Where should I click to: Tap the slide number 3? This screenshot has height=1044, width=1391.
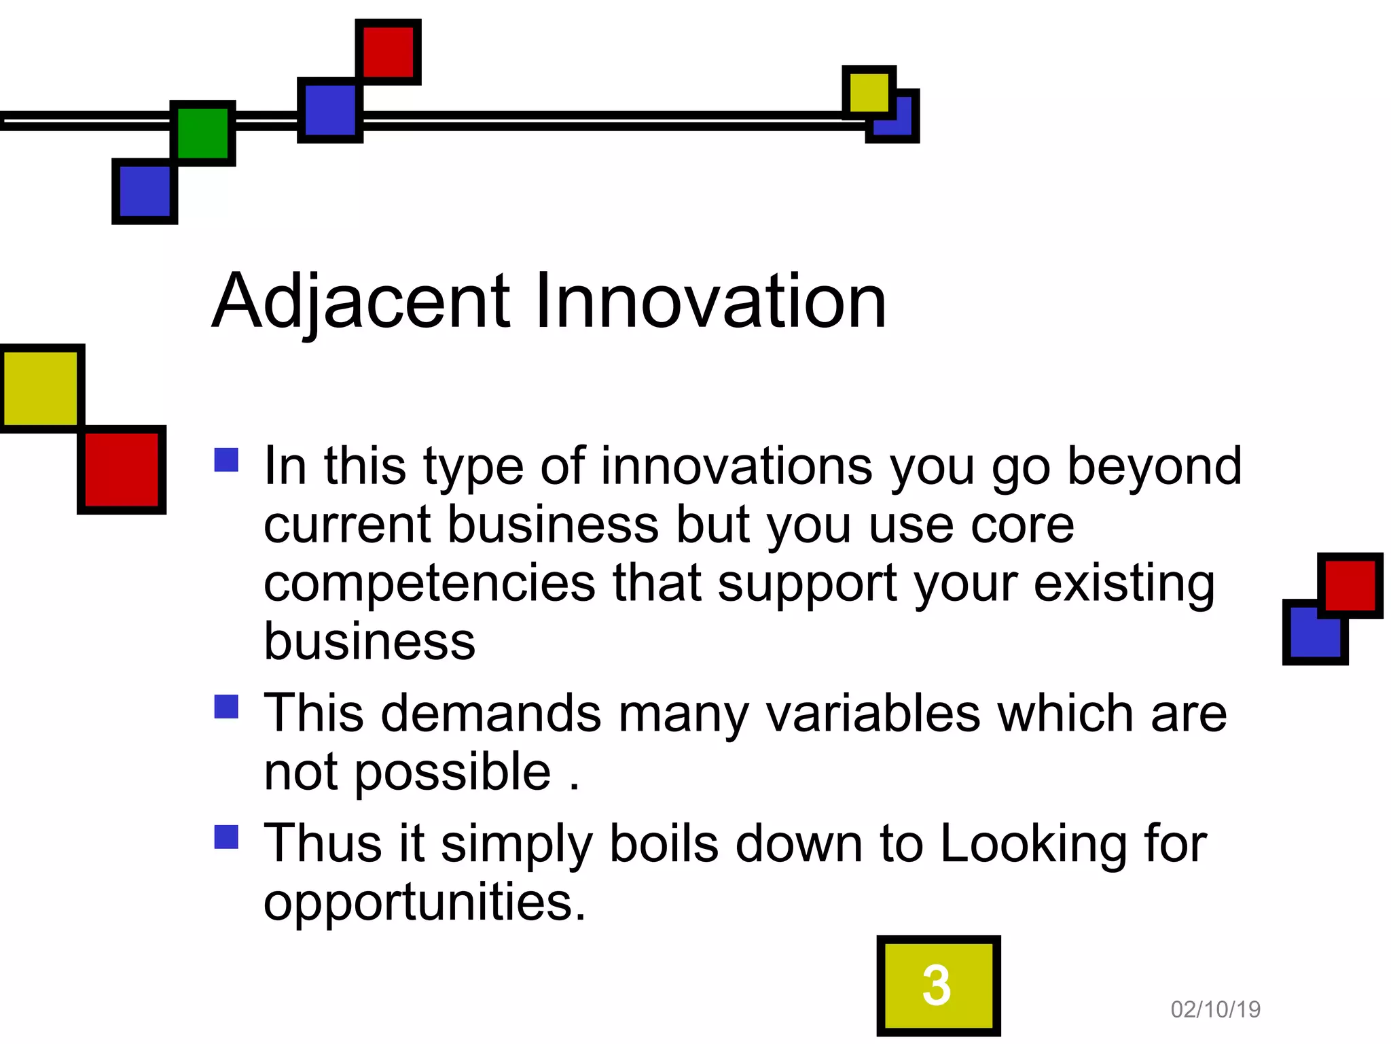[x=937, y=985]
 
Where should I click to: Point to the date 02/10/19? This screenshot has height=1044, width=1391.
[x=1215, y=1009]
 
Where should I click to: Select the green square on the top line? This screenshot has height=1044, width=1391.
[x=202, y=133]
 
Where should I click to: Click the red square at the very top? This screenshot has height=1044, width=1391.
[x=389, y=52]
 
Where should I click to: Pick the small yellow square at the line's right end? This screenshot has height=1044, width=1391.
[x=869, y=92]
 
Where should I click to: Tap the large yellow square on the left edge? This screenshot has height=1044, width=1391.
[x=41, y=388]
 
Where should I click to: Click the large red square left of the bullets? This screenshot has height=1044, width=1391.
[x=122, y=469]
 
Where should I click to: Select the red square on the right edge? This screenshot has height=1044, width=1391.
[x=1350, y=585]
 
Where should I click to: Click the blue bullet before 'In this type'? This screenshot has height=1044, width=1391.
[x=226, y=460]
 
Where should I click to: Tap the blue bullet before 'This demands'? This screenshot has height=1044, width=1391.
[x=226, y=706]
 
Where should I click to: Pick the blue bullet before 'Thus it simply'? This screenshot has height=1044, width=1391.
[x=226, y=837]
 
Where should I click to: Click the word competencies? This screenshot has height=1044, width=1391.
[x=429, y=584]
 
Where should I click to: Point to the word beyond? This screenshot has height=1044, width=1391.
[x=1154, y=468]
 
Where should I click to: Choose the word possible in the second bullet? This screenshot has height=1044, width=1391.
[x=452, y=773]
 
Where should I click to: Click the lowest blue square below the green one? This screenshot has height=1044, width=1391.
[x=145, y=191]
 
